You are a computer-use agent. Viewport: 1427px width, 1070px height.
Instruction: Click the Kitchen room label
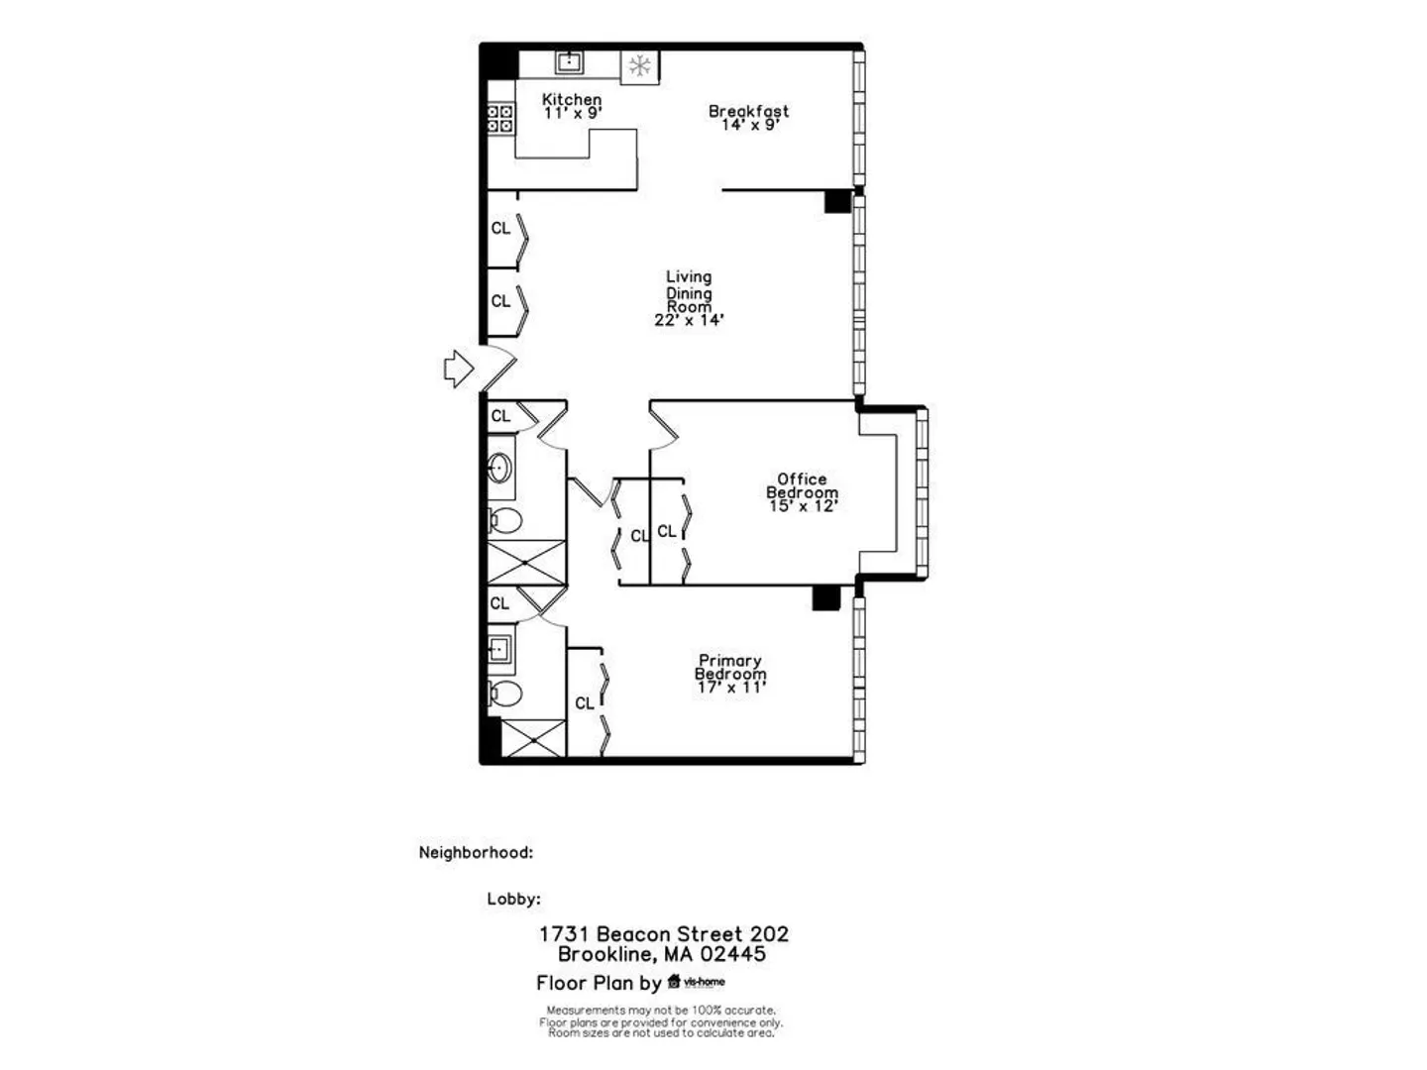572,99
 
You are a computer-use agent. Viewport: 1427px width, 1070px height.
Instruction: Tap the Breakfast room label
749,111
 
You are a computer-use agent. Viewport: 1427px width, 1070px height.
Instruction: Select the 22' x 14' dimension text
689,320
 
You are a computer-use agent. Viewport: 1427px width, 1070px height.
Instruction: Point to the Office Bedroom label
803,485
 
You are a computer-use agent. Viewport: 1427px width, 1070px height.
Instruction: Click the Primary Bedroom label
730,667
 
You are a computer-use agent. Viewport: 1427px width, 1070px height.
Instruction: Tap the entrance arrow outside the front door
459,369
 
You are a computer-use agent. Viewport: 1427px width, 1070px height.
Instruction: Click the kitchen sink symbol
570,62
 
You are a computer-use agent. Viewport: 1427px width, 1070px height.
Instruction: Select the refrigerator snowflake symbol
640,65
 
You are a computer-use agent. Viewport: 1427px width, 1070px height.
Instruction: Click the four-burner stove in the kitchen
500,119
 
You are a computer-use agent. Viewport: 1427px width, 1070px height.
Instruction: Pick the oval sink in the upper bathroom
499,468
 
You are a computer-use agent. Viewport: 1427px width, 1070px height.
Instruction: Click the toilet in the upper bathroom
505,520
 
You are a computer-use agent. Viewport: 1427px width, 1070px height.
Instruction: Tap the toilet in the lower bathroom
505,694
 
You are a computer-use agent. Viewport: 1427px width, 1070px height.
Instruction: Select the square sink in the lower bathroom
499,648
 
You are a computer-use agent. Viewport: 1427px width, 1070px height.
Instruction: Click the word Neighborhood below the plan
476,852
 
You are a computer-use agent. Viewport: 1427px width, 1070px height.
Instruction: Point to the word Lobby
513,900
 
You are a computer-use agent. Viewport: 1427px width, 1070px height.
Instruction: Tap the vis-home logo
697,982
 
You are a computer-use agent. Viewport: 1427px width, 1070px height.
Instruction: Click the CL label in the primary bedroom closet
585,703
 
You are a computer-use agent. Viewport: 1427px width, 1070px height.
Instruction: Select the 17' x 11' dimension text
731,688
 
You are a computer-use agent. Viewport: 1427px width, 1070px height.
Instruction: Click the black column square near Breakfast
837,201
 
